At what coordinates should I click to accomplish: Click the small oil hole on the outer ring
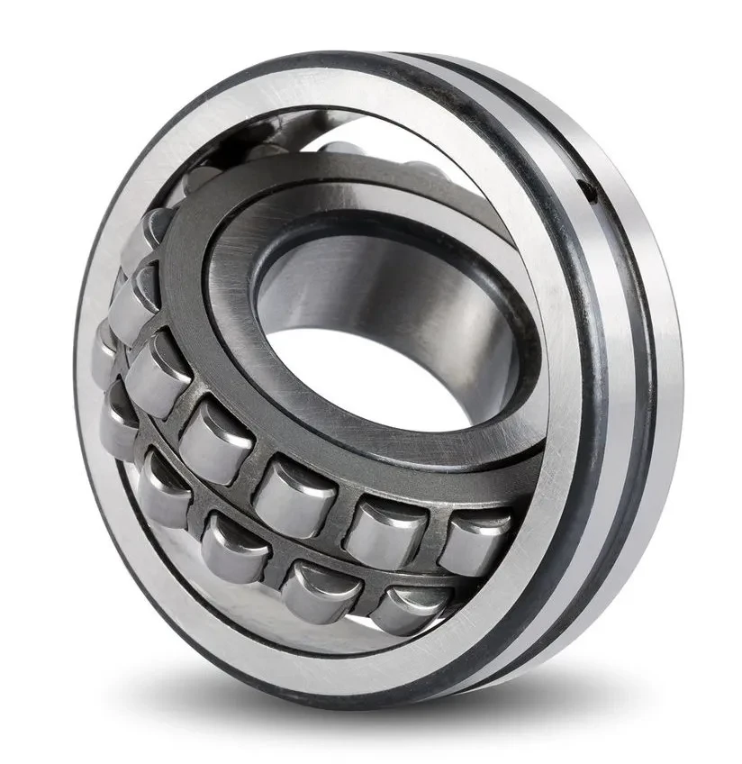click(x=589, y=190)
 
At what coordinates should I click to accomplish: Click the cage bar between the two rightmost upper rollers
click(x=431, y=532)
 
